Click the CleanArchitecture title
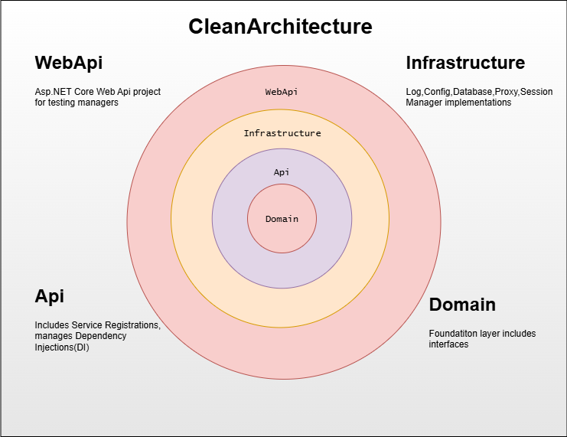280,27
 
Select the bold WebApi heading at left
69,63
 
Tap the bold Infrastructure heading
465,63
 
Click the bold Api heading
49,296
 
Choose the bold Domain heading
462,305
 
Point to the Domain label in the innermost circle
282,220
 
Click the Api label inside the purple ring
282,173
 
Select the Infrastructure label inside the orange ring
282,133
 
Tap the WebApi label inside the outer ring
282,92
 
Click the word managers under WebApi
99,103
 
